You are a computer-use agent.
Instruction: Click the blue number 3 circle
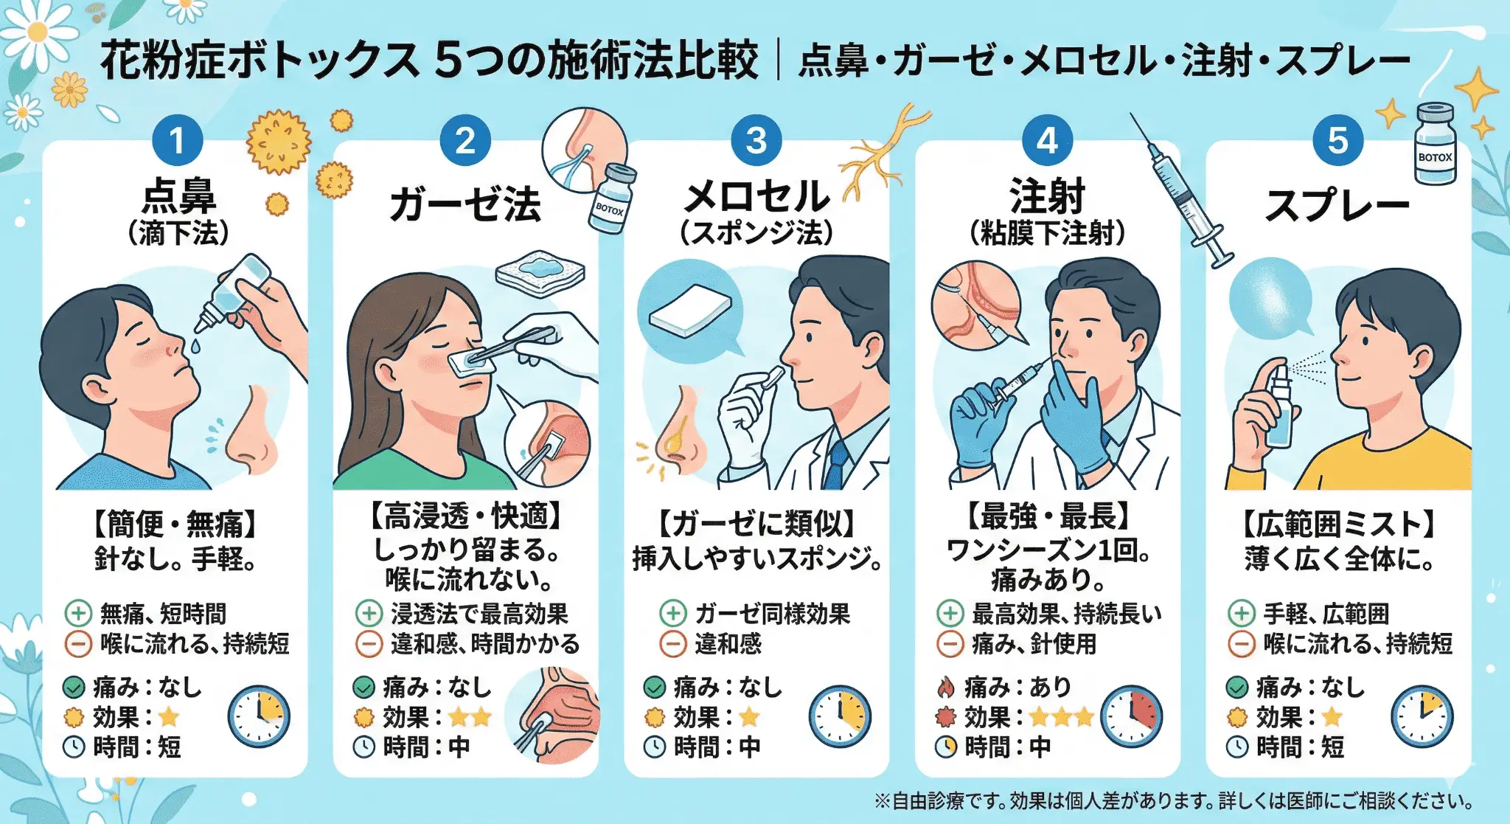click(756, 140)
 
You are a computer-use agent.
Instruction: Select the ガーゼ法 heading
click(465, 204)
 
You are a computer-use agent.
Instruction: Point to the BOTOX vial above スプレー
click(1435, 145)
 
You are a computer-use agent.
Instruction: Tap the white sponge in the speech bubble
click(689, 310)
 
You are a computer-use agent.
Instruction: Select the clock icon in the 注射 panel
click(1131, 716)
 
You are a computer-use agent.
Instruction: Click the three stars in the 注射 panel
click(1061, 716)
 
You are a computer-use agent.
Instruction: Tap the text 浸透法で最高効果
click(479, 613)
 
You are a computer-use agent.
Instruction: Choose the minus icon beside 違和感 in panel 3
click(672, 644)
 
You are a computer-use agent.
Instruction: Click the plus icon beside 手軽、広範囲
click(1241, 613)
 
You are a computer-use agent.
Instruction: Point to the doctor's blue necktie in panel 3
click(836, 465)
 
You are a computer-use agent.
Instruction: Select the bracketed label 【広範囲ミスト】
click(1337, 524)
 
